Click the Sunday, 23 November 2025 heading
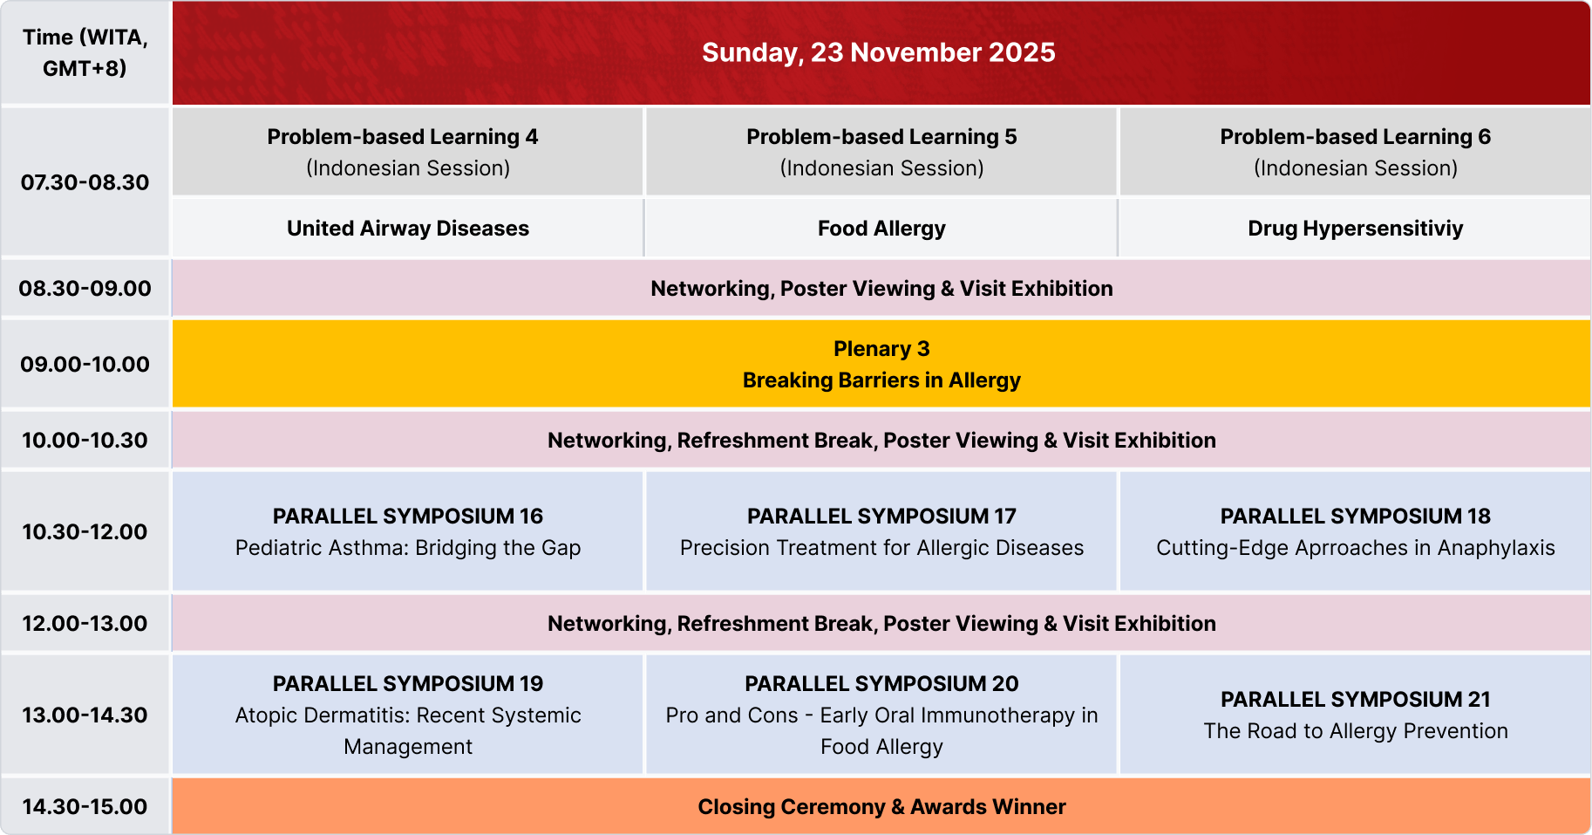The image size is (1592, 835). (879, 52)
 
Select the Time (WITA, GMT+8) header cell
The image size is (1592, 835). (85, 52)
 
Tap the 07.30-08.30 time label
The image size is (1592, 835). (85, 182)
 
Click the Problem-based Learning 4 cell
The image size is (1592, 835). (408, 152)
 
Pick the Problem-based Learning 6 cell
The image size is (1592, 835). (1356, 152)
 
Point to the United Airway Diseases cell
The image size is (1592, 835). (408, 228)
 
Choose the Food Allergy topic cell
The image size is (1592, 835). (881, 228)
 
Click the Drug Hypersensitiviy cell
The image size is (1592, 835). (1356, 228)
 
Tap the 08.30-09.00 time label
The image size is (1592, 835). (85, 288)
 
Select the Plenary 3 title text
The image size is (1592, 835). (881, 349)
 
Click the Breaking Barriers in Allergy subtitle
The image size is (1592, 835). (881, 380)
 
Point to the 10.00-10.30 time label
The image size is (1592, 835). (85, 440)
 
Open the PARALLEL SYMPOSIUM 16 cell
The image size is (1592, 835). (408, 531)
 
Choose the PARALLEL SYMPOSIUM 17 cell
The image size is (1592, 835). (881, 531)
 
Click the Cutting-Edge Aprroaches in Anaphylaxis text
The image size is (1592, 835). (1356, 548)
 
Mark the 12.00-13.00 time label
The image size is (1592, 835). (85, 623)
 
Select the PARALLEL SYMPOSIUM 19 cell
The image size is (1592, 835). (408, 715)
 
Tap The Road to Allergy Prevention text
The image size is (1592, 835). (1356, 731)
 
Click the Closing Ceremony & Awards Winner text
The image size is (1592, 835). (881, 807)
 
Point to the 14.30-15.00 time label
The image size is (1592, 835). (85, 806)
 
